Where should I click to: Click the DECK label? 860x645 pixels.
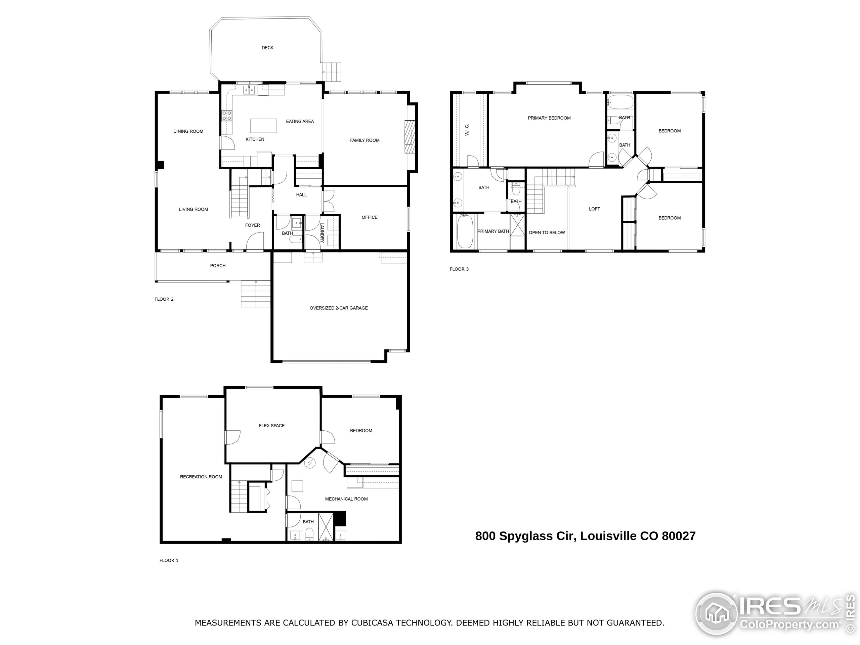pyautogui.click(x=267, y=48)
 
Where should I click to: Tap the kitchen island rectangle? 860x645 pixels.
pyautogui.click(x=264, y=126)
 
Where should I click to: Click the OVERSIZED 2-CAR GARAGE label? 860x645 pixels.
pyautogui.click(x=338, y=308)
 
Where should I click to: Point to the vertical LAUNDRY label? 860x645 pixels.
pyautogui.click(x=322, y=232)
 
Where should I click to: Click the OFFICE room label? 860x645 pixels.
pyautogui.click(x=369, y=217)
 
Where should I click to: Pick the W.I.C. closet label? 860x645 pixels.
pyautogui.click(x=467, y=130)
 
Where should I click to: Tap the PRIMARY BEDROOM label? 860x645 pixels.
pyautogui.click(x=549, y=118)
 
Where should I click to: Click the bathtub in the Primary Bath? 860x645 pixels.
pyautogui.click(x=465, y=232)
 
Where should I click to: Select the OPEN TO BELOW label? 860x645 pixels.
pyautogui.click(x=547, y=232)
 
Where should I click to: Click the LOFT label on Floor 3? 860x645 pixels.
pyautogui.click(x=594, y=209)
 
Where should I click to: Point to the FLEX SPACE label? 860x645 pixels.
pyautogui.click(x=271, y=426)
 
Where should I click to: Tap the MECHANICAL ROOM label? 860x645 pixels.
pyautogui.click(x=346, y=499)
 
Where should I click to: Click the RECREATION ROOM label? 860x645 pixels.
pyautogui.click(x=201, y=477)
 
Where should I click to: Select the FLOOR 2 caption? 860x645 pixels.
pyautogui.click(x=164, y=299)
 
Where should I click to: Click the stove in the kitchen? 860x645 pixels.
pyautogui.click(x=227, y=115)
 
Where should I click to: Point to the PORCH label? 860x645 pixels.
pyautogui.click(x=218, y=265)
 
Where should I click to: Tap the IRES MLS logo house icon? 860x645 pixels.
pyautogui.click(x=716, y=614)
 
